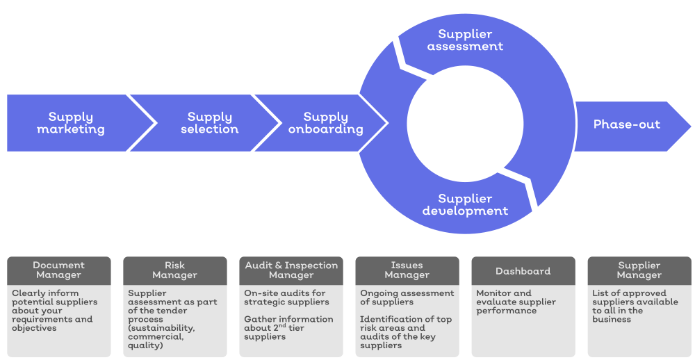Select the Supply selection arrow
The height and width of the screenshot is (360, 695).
(209, 123)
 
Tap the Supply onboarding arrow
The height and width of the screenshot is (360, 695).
(325, 123)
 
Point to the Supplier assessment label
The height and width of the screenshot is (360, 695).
(465, 40)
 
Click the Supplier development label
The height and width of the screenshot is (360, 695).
(465, 205)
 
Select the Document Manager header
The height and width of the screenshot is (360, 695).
(59, 270)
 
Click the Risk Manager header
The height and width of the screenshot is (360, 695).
(175, 270)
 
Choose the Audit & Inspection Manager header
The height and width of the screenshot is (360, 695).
(291, 270)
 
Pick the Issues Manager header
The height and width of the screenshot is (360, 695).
(407, 270)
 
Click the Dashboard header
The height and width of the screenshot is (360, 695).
(523, 271)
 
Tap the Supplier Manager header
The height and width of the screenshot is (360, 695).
(639, 270)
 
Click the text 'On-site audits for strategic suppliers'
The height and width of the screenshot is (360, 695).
(285, 297)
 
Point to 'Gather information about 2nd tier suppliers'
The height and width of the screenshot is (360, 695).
(288, 328)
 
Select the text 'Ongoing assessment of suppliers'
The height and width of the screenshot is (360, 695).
(407, 297)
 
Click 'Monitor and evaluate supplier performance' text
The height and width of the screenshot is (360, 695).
(516, 302)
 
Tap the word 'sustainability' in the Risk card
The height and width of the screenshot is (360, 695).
(161, 328)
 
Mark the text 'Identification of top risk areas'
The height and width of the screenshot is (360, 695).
(405, 324)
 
